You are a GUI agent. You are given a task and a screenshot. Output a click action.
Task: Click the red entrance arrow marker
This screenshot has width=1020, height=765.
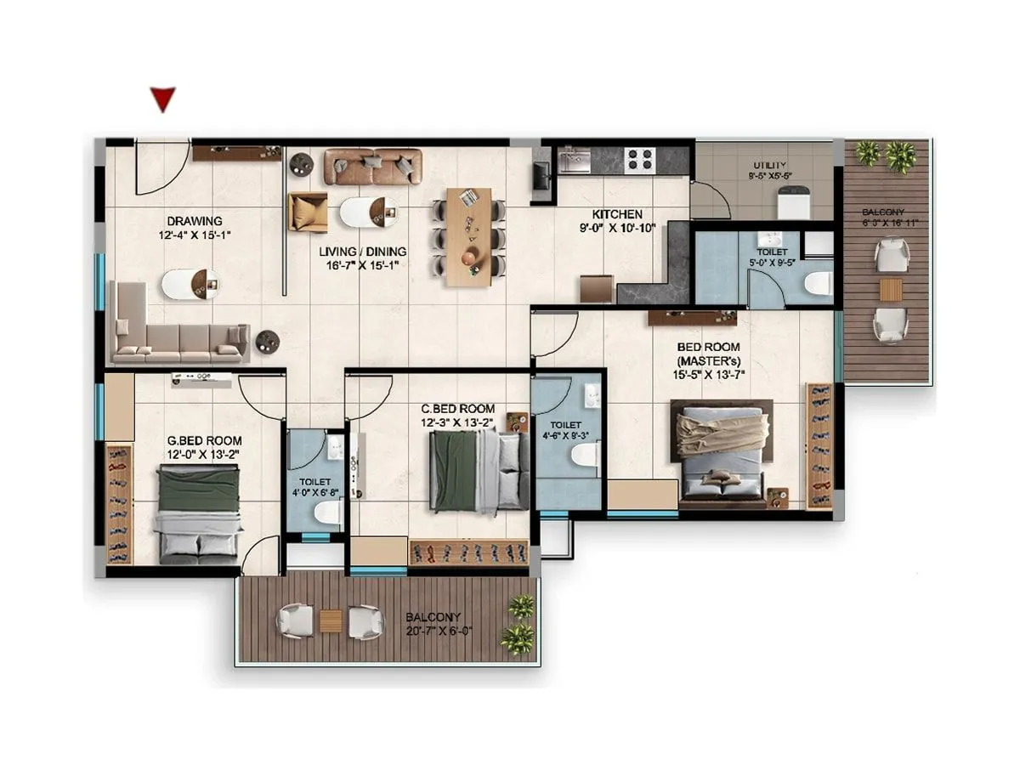[x=162, y=99]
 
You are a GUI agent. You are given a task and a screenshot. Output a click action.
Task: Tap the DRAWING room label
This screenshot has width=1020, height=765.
[x=194, y=221]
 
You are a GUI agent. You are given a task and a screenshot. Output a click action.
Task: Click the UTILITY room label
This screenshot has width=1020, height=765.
[x=769, y=165]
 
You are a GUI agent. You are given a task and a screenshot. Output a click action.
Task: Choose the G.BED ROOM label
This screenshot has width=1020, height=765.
[x=204, y=440]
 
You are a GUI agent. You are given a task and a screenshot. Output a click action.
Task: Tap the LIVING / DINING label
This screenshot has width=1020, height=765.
[x=362, y=252]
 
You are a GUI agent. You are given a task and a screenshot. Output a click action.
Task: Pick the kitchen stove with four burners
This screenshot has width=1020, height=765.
[x=639, y=158]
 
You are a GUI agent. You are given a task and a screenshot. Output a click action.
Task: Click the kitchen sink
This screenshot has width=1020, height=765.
[x=575, y=159]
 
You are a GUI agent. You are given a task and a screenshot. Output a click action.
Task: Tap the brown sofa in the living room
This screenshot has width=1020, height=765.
[x=373, y=167]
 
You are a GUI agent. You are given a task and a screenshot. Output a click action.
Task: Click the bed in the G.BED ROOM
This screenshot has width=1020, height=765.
[x=200, y=513]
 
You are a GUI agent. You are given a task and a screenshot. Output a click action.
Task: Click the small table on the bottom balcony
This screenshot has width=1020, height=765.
[x=331, y=621]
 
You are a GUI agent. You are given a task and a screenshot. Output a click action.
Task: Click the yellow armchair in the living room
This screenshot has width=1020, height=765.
[x=308, y=212]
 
